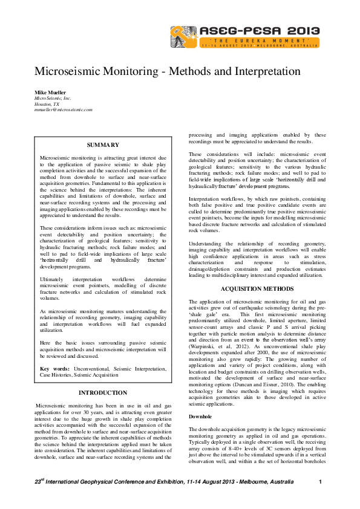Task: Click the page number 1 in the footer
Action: point(319,482)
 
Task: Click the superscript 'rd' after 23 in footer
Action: point(42,479)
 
